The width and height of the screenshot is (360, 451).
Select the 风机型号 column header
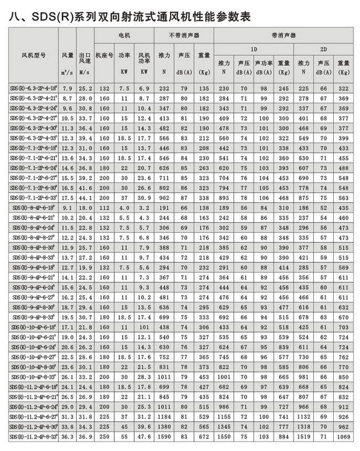(x=33, y=55)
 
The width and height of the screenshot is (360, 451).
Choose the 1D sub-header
(x=253, y=48)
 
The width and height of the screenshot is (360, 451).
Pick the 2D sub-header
(x=324, y=48)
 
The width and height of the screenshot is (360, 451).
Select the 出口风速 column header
(x=86, y=58)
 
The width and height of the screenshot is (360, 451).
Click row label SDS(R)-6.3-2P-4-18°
(x=33, y=89)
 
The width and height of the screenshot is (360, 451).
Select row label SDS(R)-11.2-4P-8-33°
(x=33, y=436)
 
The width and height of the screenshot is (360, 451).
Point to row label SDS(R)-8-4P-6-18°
(x=33, y=208)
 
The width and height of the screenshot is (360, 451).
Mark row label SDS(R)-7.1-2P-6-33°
(x=33, y=198)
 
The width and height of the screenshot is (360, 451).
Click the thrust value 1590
(x=164, y=436)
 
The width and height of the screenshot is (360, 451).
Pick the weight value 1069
(x=344, y=436)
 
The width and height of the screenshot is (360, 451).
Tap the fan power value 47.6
(x=144, y=436)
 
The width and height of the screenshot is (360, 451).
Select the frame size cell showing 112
(x=104, y=208)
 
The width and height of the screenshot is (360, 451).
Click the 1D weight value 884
(x=284, y=436)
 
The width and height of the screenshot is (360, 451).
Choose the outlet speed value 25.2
(x=86, y=89)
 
